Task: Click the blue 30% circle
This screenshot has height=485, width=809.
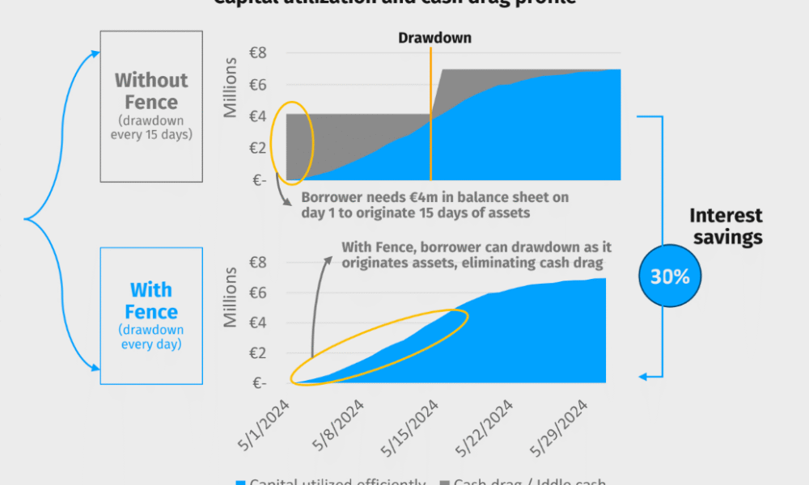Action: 670,276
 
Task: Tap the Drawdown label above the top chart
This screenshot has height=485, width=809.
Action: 434,38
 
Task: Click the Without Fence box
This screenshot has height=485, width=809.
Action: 151,106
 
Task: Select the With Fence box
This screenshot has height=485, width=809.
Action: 151,315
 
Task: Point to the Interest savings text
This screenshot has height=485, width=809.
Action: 726,226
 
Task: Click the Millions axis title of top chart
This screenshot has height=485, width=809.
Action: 231,87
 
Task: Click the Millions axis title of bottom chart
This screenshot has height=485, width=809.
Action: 231,297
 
